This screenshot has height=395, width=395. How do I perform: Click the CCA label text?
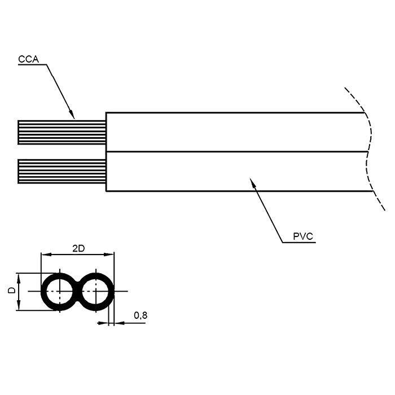(x=28, y=59)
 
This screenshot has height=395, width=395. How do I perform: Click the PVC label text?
(x=303, y=236)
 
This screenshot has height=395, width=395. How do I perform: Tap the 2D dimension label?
(x=78, y=249)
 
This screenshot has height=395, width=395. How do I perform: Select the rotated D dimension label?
(x=12, y=290)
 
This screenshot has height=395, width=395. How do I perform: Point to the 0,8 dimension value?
(x=141, y=315)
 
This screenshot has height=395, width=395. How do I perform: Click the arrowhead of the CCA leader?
(x=72, y=114)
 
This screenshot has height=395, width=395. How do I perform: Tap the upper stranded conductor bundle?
(x=62, y=132)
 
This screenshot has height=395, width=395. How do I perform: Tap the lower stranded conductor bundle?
(x=62, y=172)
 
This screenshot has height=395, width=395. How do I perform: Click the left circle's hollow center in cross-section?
(x=60, y=292)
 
